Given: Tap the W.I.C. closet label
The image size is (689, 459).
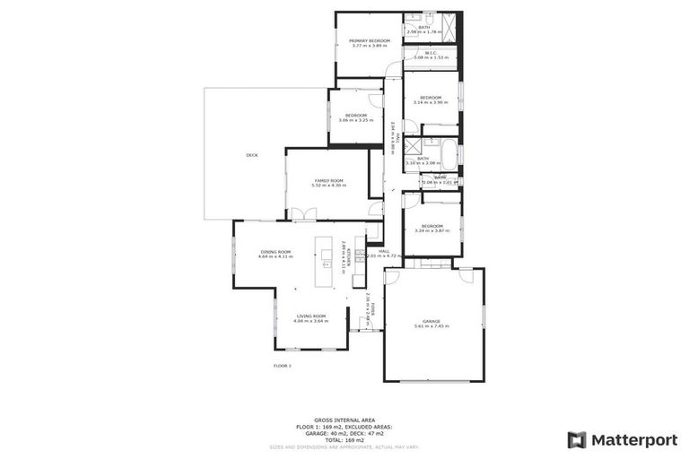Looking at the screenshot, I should [431, 56].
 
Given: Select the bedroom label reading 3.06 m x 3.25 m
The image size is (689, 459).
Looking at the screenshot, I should [356, 117].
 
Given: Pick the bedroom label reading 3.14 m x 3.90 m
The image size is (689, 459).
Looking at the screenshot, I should [431, 100].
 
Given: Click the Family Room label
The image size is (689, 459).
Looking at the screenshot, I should [328, 183].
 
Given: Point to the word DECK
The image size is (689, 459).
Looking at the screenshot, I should [252, 155].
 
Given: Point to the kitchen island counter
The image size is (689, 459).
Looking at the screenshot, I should [327, 262].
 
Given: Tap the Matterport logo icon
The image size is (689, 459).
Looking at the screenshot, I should [577, 439].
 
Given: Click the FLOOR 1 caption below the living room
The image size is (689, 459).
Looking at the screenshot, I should [283, 366].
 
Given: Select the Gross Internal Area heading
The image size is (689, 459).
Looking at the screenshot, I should [344, 420].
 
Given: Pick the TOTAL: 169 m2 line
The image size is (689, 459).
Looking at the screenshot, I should [344, 439].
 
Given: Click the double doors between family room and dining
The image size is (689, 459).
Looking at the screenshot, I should [302, 215].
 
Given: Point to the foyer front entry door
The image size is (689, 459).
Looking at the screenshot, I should [366, 330].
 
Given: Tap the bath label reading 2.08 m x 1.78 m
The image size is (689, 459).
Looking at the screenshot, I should [423, 30].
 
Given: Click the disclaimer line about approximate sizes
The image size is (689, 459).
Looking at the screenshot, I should [344, 446].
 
